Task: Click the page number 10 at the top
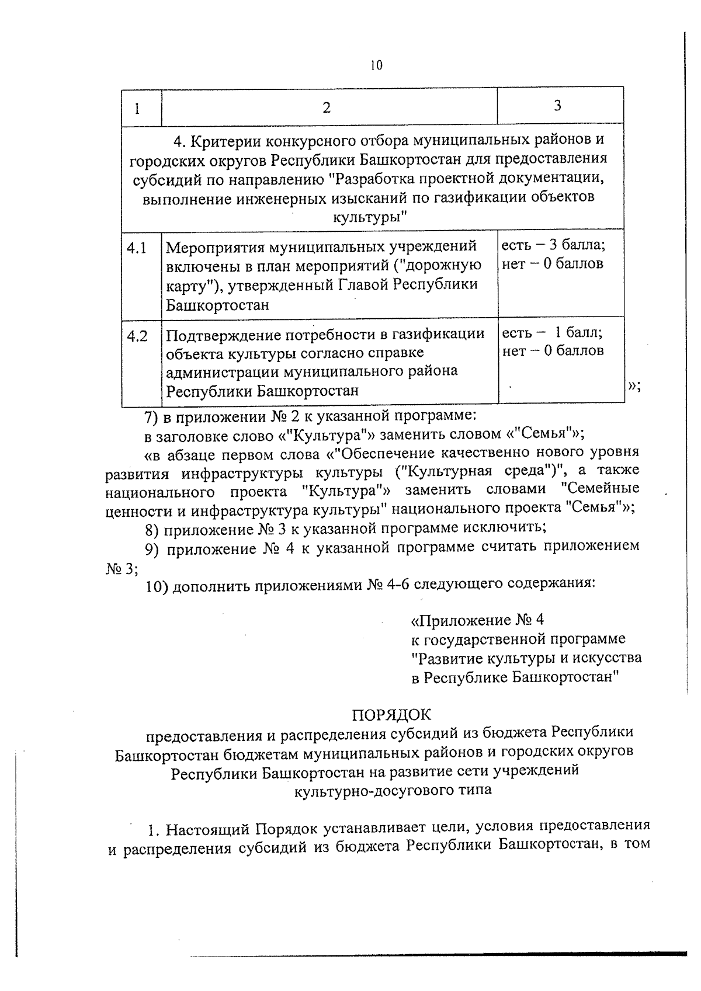[x=376, y=65]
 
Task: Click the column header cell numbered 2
[x=327, y=108]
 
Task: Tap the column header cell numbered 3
[x=557, y=106]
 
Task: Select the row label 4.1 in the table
[x=137, y=248]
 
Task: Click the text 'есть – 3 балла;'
[x=553, y=245]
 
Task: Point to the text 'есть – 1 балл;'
[x=553, y=333]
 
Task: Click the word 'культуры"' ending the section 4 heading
[x=369, y=217]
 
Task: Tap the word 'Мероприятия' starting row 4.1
[x=214, y=247]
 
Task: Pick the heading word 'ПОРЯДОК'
[x=391, y=715]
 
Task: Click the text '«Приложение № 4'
[x=478, y=620]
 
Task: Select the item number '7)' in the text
[x=152, y=416]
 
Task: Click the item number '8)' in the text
[x=152, y=530]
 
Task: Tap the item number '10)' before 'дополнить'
[x=156, y=586]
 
